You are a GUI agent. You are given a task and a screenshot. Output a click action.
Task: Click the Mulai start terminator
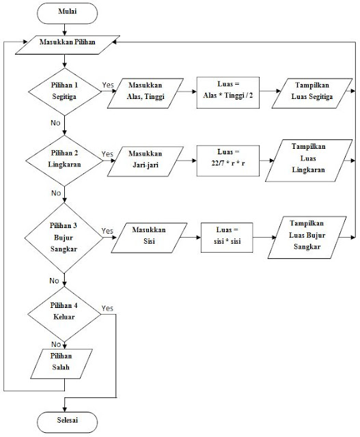[x=64, y=12]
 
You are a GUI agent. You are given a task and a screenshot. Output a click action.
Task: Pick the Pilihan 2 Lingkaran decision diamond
[x=64, y=162]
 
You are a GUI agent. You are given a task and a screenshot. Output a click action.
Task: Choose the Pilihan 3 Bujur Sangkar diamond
[x=64, y=236]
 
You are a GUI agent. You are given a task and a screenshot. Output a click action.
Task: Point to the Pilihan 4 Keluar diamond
[x=64, y=312]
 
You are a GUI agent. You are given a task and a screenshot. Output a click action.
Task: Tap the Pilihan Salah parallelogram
[x=64, y=361]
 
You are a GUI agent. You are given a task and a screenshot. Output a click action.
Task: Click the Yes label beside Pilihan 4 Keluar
[x=107, y=309]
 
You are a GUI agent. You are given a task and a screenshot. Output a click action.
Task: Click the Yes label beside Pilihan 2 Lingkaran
[x=107, y=154]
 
